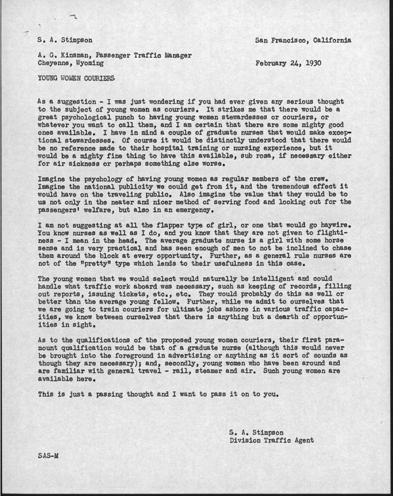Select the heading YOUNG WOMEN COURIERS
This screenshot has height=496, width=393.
pyautogui.click(x=76, y=78)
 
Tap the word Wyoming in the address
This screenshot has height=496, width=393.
pyautogui.click(x=89, y=63)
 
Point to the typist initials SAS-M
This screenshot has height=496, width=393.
pyautogui.click(x=48, y=455)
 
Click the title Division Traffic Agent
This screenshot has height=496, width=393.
pyautogui.click(x=271, y=441)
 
